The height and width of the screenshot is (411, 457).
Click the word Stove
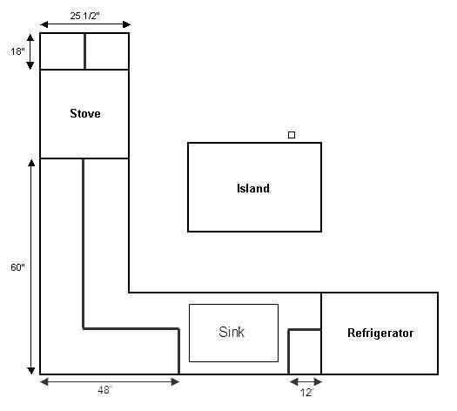(85, 113)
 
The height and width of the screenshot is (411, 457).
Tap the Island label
(253, 188)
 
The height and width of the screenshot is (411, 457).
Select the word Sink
(232, 332)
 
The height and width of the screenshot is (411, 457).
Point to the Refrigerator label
(380, 334)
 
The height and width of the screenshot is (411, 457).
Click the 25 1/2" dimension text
(84, 16)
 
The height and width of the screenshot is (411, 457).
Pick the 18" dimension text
(17, 51)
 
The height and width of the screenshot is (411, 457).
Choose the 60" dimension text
(17, 267)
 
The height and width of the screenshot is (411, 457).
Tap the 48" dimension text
(105, 390)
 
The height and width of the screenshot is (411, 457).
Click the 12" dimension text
(306, 393)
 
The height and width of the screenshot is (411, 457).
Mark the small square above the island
(292, 135)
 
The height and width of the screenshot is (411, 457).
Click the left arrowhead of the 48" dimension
(44, 381)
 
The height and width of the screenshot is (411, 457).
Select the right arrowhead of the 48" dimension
(175, 381)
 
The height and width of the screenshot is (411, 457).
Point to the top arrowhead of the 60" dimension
(31, 163)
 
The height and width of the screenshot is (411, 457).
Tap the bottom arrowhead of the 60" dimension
(31, 370)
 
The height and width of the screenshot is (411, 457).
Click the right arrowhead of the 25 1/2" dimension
(126, 24)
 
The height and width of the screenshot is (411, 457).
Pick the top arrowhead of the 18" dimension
(30, 37)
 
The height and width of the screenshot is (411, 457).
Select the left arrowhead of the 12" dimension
(294, 381)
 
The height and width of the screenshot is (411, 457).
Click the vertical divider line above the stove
(84, 51)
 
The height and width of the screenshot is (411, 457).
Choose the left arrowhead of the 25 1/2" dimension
(44, 24)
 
